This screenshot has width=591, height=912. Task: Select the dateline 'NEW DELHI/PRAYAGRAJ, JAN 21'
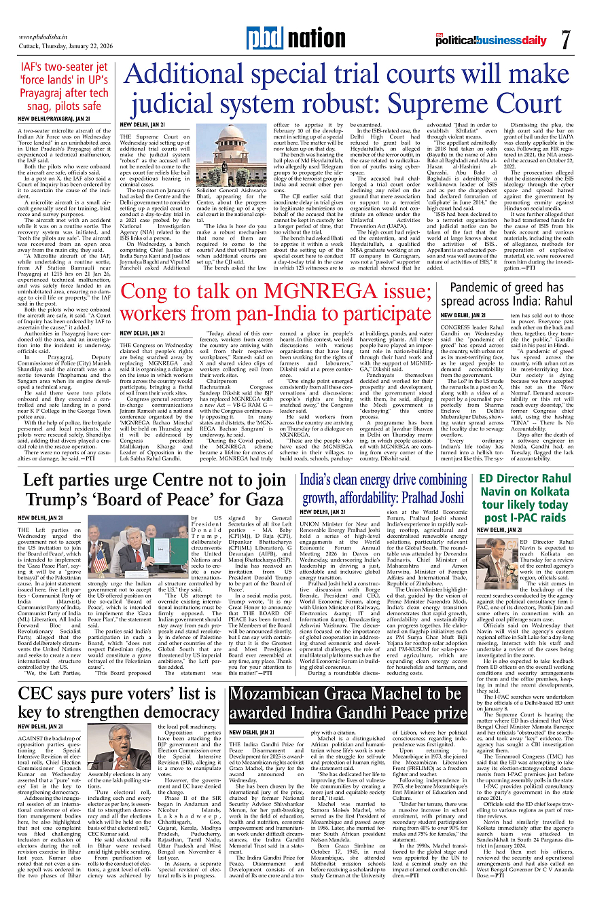click(x=54, y=119)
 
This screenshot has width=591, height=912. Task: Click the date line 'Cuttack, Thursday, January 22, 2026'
click(x=65, y=46)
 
